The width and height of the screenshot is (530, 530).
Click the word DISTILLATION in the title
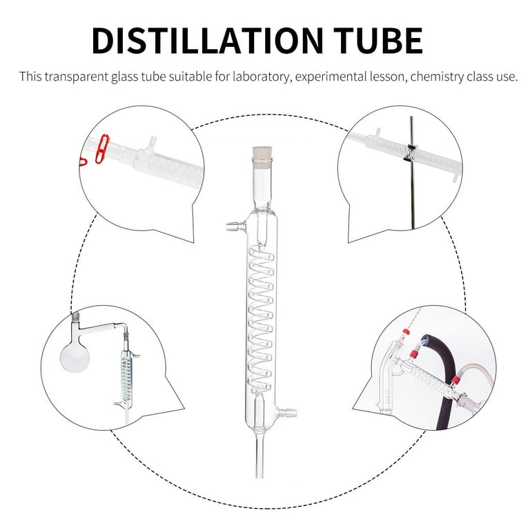click(207, 41)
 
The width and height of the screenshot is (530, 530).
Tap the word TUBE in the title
click(378, 41)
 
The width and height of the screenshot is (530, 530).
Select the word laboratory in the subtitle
click(261, 77)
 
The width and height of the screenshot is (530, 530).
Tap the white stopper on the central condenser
click(262, 157)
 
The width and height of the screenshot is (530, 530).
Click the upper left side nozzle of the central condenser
click(236, 226)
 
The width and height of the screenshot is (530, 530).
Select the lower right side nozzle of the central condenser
click(287, 413)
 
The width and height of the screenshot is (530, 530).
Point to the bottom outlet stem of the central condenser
click(259, 455)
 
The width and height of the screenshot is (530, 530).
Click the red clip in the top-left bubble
click(102, 149)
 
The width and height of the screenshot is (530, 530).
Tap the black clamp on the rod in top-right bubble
click(411, 153)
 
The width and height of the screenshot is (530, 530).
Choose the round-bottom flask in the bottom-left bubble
click(75, 358)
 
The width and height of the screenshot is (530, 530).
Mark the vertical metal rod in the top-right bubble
click(412, 173)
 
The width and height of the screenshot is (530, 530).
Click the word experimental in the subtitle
click(331, 77)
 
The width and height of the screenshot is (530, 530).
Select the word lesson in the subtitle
click(388, 77)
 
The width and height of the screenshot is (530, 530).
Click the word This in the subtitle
click(30, 77)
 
